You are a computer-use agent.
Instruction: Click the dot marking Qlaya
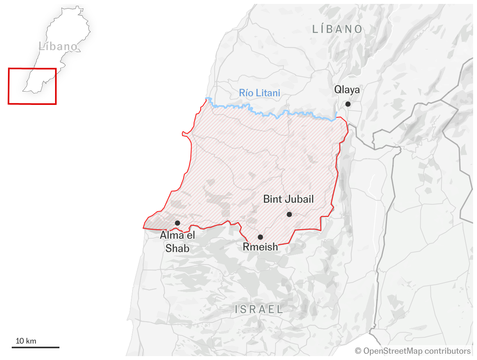[x=348, y=104]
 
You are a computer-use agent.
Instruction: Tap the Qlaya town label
[x=347, y=90]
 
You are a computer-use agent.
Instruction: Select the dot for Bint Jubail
[x=289, y=214]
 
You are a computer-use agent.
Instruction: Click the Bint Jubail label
[x=289, y=199]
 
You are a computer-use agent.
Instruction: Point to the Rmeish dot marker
[x=260, y=237]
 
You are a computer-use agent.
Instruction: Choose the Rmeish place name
[x=260, y=247]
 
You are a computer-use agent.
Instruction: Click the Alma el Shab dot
[x=178, y=223]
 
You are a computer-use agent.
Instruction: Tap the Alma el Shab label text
[x=178, y=241]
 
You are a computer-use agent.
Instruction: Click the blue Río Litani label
[x=260, y=93]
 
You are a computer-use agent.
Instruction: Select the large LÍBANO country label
[x=337, y=29]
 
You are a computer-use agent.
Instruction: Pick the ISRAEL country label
[x=259, y=309]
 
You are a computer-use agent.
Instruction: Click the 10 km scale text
[x=26, y=341]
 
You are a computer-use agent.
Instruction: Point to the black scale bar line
[x=36, y=347]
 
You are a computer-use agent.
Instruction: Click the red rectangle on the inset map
[x=32, y=103]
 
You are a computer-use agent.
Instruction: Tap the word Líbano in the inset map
[x=58, y=46]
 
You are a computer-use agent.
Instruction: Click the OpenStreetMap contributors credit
[x=417, y=351]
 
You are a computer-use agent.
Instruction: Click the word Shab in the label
[x=178, y=248]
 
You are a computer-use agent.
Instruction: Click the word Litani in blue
[x=269, y=93]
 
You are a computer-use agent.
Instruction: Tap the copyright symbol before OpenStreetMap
[x=358, y=351]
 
